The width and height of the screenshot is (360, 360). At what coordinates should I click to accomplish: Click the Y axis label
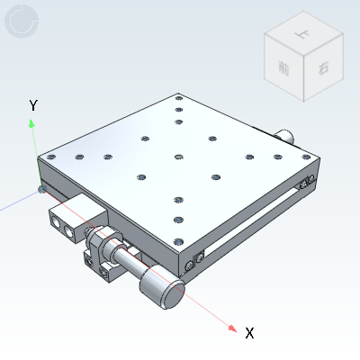pos(33,106)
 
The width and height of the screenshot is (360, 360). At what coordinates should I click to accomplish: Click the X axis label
pos(249,333)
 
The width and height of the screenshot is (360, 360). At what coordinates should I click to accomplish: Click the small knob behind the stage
pos(286,136)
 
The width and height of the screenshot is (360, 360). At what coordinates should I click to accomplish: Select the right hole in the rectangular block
pos(72,230)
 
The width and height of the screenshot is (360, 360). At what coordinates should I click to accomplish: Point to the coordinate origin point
pos(40,188)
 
